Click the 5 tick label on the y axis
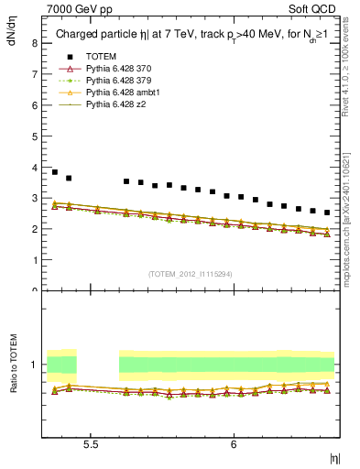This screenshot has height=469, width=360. pos(34,136)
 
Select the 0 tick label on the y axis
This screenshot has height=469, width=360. pos(34,291)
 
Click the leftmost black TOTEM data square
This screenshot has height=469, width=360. pos(55,172)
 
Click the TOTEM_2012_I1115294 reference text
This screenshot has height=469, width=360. pos(190,273)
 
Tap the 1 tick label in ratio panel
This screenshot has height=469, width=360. pos(34,365)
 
